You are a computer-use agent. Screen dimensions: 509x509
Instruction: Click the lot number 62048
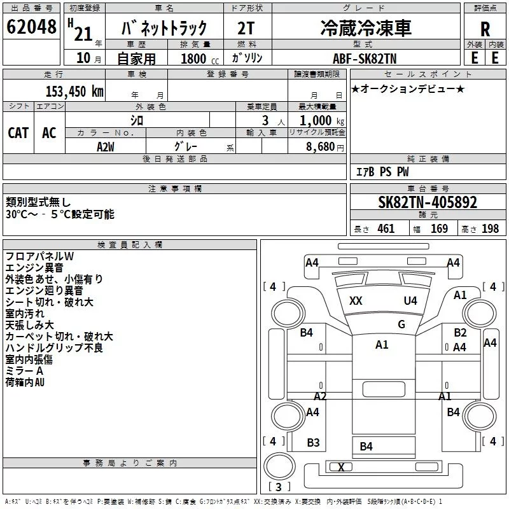pos(31,27)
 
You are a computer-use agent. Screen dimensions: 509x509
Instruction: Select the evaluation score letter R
pos(485,29)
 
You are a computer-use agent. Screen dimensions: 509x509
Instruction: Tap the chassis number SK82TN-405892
pos(427,202)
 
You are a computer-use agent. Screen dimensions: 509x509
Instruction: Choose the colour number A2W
pos(106,146)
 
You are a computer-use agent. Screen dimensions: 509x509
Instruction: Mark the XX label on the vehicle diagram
pos(356,301)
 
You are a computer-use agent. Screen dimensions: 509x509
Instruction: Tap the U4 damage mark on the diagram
pos(410,301)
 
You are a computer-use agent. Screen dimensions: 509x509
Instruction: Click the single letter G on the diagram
pos(401,324)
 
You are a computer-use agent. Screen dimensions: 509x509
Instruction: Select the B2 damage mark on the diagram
pos(460,333)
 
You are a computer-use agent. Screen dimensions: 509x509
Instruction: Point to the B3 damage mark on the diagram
pos(313,443)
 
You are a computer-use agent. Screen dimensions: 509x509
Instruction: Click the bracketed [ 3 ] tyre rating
pos(279,487)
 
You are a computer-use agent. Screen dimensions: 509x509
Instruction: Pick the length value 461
pos(386,229)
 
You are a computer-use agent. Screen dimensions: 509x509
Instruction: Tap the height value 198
pos(490,229)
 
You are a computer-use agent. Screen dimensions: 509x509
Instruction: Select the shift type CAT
pos(18,133)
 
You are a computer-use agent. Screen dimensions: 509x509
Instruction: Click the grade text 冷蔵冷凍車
pos(365,27)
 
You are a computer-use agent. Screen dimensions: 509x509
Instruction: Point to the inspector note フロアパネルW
pos(40,256)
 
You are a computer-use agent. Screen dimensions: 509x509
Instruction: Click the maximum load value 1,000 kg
pos(317,120)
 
